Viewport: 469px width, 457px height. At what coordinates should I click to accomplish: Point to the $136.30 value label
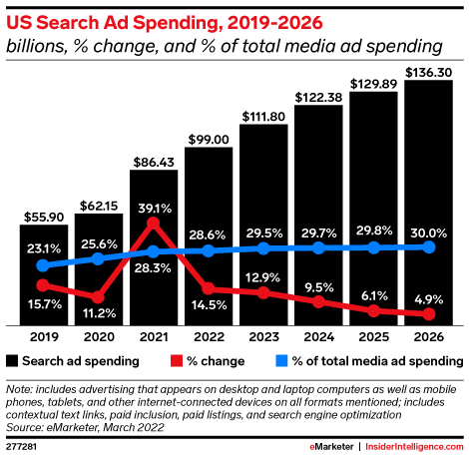coord(431,70)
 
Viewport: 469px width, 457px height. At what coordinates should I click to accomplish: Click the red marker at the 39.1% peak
coord(153,225)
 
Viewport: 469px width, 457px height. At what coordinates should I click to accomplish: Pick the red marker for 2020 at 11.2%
coord(97,296)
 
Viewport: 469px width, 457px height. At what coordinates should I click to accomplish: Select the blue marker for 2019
coord(42,265)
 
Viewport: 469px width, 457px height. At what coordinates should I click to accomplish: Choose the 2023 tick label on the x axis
coord(264,337)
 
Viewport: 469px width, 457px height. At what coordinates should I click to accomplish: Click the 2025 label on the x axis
coord(375,337)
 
